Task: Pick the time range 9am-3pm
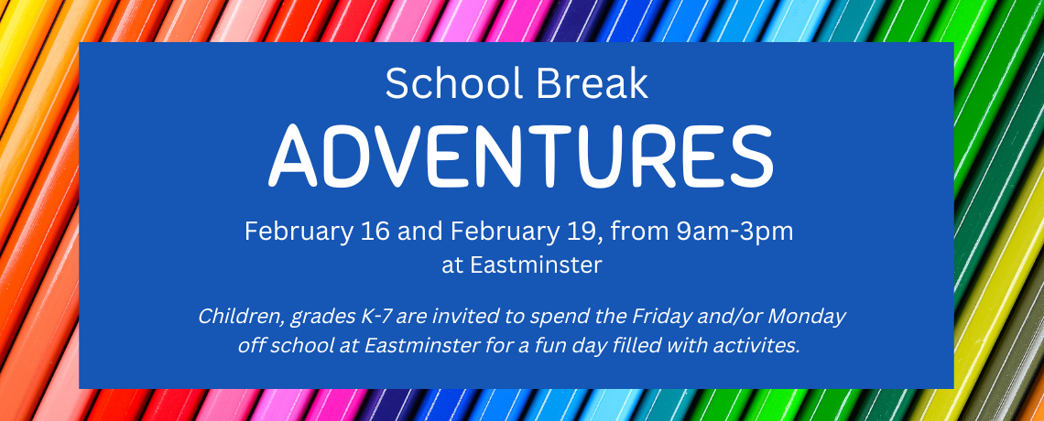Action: tap(734, 232)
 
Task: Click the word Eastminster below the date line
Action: tap(536, 265)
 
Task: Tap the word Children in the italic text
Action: tap(243, 317)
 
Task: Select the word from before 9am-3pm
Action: tap(639, 232)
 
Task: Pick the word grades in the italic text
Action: tap(324, 318)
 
